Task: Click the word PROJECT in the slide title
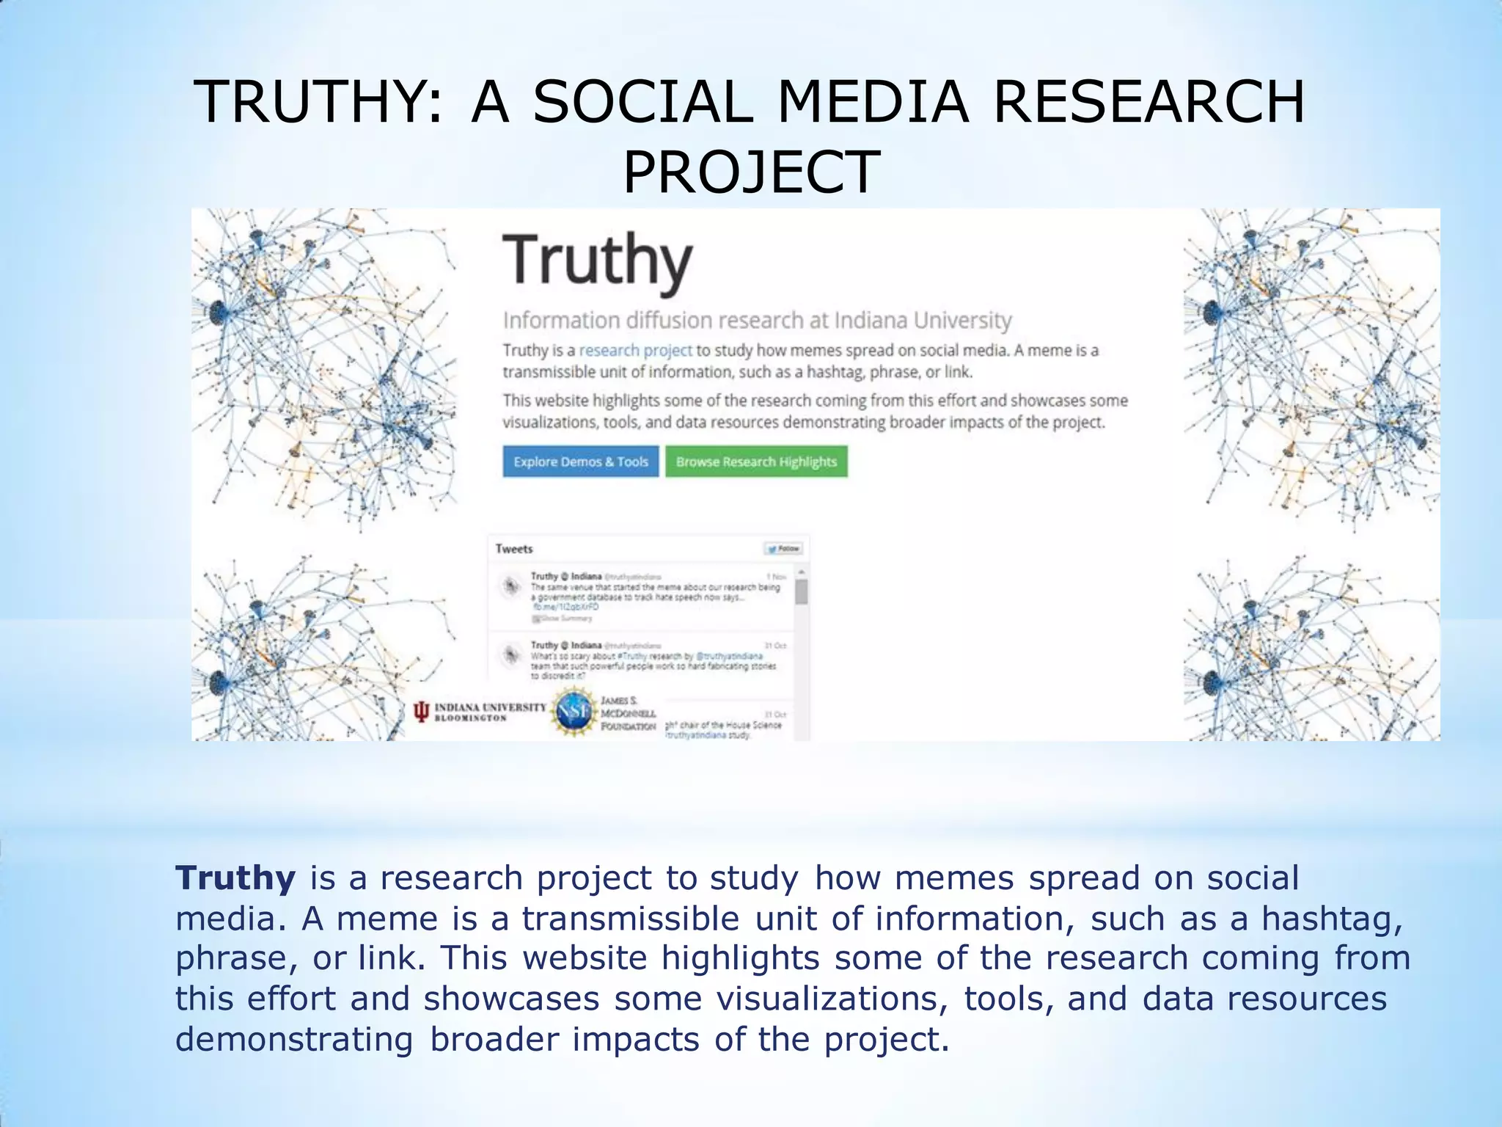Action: click(751, 172)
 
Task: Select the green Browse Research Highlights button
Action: click(756, 462)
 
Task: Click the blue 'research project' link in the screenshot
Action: click(635, 351)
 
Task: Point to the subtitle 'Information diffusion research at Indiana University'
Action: click(757, 321)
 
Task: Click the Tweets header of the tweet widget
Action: click(514, 549)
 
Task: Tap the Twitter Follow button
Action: click(784, 549)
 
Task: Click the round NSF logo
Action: click(574, 711)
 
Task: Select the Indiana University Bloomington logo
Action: click(480, 712)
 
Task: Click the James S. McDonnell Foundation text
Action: click(629, 713)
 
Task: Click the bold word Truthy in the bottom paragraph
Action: click(235, 878)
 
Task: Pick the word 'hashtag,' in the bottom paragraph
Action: click(1332, 919)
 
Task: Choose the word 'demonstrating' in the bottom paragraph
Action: click(294, 1040)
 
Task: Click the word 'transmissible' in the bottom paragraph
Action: click(631, 919)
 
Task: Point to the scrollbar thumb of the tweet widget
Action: click(802, 591)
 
